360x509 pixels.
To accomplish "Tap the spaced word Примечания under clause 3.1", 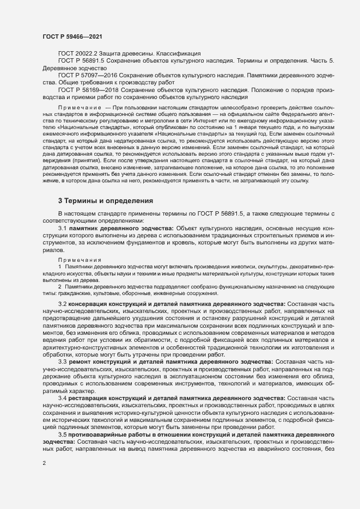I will pyautogui.click(x=76, y=261).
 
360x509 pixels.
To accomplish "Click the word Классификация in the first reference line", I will pyautogui.click(x=179, y=53).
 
